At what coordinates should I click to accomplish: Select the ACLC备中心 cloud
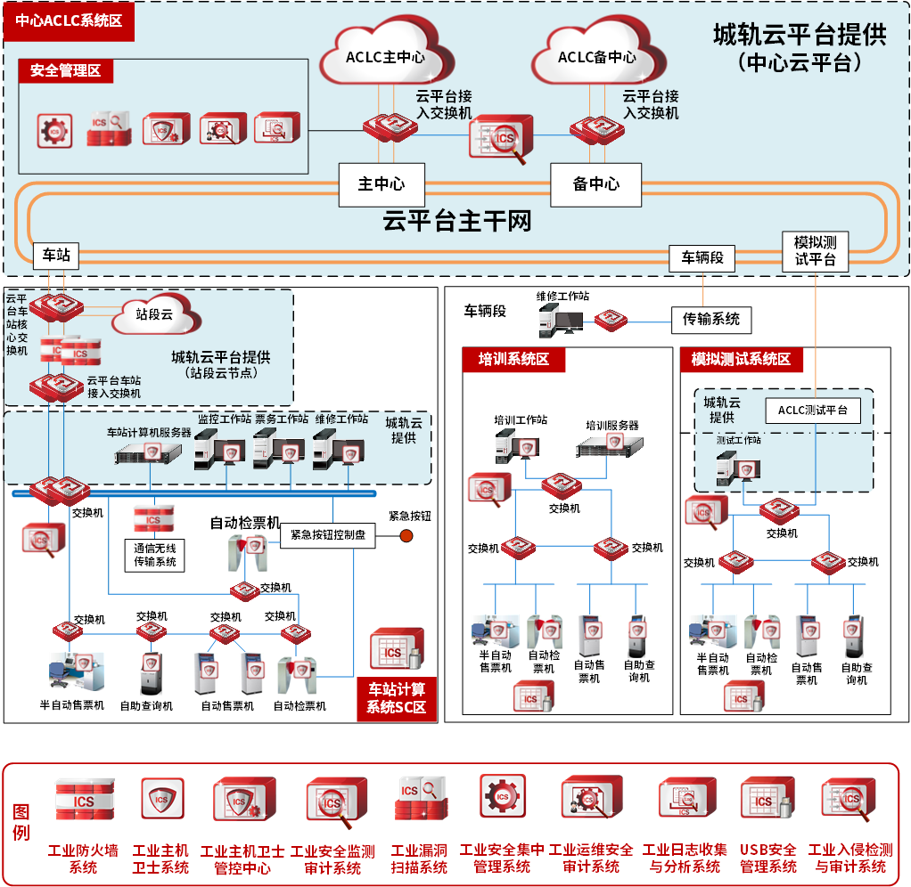[x=596, y=55]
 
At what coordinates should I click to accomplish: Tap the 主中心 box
[x=382, y=184]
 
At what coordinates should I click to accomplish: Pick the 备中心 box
[x=595, y=184]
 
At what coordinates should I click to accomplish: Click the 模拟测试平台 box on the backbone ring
[x=815, y=251]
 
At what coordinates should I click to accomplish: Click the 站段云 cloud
[x=155, y=313]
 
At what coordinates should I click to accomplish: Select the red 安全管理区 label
[x=66, y=71]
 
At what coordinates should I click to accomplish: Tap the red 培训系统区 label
[x=508, y=359]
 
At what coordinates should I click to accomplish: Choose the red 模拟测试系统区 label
[x=741, y=359]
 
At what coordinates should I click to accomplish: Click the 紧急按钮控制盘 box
[x=328, y=536]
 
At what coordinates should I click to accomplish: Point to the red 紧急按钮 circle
[x=406, y=536]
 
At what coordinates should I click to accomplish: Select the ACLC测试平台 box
[x=813, y=411]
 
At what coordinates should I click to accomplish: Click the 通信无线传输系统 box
[x=155, y=555]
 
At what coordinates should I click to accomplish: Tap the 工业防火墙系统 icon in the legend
[x=84, y=799]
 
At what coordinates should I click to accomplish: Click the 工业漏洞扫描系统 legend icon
[x=419, y=799]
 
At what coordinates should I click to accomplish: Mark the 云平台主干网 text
[x=456, y=221]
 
